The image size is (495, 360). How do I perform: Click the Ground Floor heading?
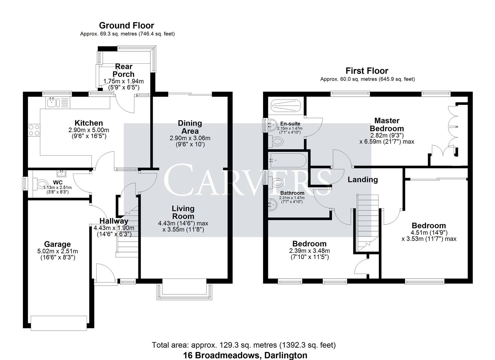(x=126, y=25)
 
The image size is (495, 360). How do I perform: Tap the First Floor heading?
(x=367, y=71)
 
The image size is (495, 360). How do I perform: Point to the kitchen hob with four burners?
(x=34, y=130)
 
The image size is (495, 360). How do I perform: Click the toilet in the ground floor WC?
(x=41, y=184)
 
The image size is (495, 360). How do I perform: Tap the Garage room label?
(x=57, y=244)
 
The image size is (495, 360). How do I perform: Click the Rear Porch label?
(x=123, y=70)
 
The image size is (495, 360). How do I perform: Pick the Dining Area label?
(x=190, y=127)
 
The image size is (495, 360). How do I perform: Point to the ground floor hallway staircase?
(x=127, y=233)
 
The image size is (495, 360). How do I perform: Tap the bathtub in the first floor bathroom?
(x=288, y=160)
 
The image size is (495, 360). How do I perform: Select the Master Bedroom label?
(x=387, y=124)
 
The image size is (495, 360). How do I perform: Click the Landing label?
(x=363, y=180)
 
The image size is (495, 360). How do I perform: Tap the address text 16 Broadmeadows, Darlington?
(x=245, y=355)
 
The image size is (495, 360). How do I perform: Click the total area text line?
(x=244, y=345)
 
